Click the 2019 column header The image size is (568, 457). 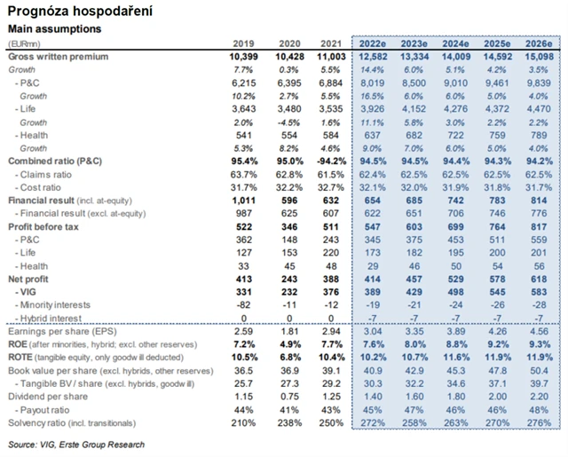[243, 44]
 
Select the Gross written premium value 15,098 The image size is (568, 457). [544, 56]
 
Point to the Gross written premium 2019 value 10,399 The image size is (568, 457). [241, 56]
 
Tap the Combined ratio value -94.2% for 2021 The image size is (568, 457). [328, 161]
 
